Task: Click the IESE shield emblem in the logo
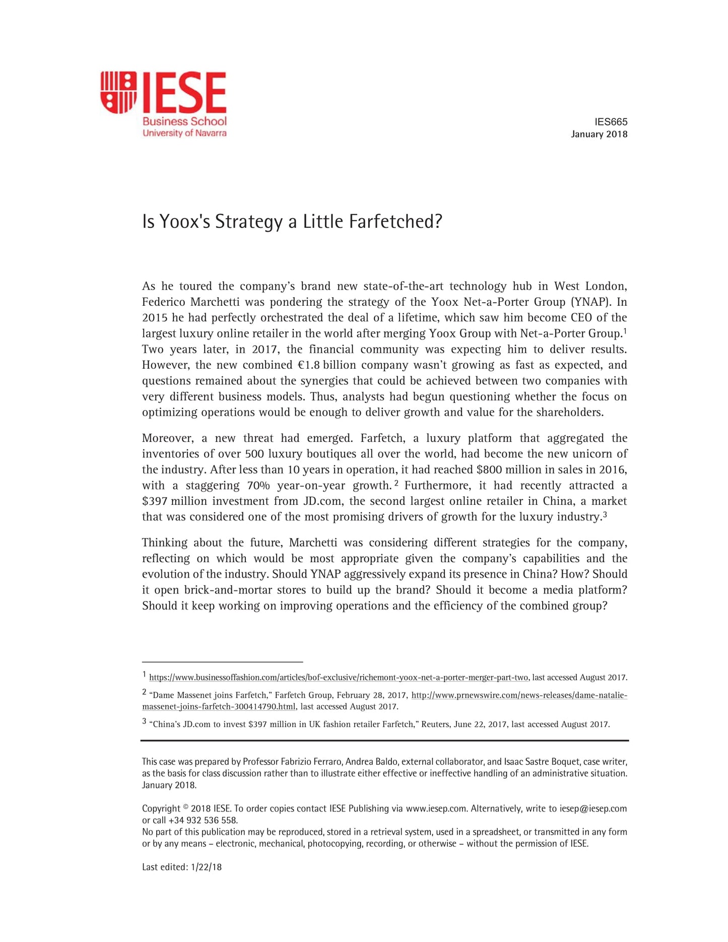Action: pos(118,92)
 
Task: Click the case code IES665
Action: pos(611,122)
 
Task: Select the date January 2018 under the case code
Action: pos(599,134)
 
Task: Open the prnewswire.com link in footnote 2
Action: pos(519,696)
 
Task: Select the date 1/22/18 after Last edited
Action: pos(207,867)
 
